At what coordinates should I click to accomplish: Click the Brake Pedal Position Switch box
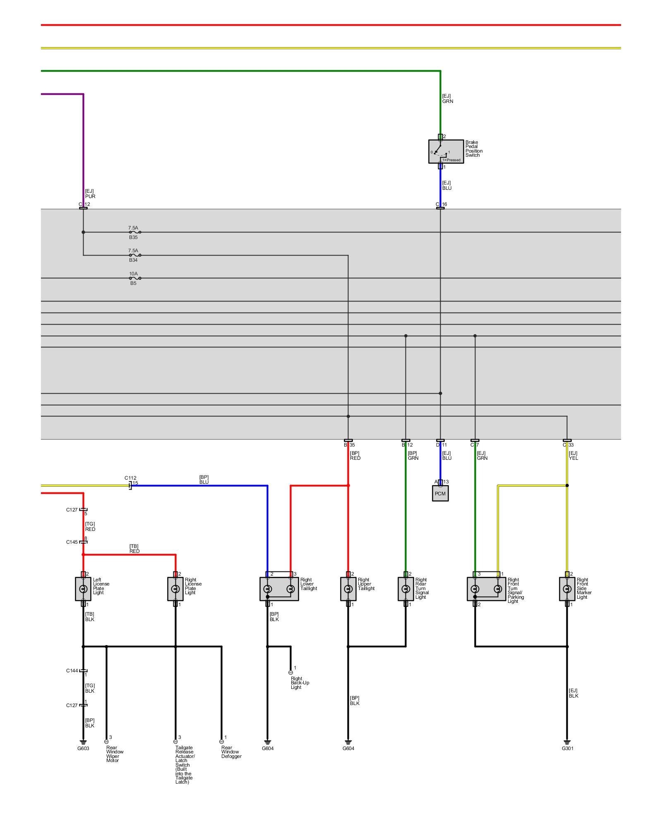[446, 151]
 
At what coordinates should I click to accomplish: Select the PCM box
[440, 493]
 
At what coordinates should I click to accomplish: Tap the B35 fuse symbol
[135, 232]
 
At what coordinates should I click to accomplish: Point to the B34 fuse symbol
[135, 255]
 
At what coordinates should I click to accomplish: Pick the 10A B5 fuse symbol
[135, 278]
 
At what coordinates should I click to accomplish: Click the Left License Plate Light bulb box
[83, 589]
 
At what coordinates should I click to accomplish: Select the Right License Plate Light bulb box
[175, 589]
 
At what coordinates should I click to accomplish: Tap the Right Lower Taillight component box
[279, 589]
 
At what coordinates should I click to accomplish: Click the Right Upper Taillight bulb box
[348, 589]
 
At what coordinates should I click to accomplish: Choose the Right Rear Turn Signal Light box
[405, 589]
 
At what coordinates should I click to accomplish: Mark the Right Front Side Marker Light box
[567, 589]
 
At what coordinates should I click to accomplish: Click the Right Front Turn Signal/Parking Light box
[486, 589]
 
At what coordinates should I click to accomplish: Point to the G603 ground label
[83, 748]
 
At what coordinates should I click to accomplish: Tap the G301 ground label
[567, 748]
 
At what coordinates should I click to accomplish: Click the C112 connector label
[130, 478]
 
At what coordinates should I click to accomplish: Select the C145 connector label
[72, 542]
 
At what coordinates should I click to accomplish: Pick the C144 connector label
[72, 671]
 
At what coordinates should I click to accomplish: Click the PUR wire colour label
[90, 196]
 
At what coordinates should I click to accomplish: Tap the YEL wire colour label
[573, 458]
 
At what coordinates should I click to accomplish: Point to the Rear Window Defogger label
[231, 752]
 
